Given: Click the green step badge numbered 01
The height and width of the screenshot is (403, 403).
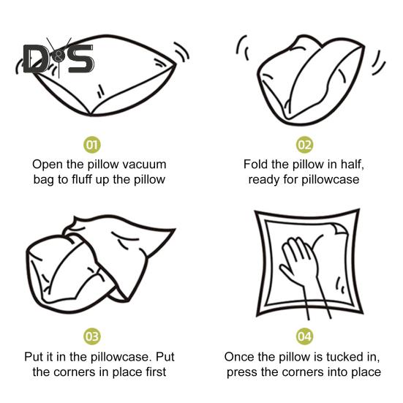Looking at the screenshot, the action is (x=92, y=145).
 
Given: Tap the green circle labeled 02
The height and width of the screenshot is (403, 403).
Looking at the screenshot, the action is (x=304, y=145).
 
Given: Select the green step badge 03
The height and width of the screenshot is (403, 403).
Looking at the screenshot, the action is (x=92, y=336).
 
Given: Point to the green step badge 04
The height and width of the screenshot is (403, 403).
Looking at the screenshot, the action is (x=304, y=336).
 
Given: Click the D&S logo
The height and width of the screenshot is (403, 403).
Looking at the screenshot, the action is (x=59, y=58).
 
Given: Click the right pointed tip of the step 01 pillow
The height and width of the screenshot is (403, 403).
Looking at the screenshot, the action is (x=176, y=64).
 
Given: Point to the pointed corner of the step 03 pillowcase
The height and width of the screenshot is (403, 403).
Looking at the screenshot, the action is (x=175, y=229).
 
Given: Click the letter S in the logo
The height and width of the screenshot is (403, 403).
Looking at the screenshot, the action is (x=80, y=58).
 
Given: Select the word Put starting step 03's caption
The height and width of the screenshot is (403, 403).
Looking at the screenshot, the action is (x=34, y=357).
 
